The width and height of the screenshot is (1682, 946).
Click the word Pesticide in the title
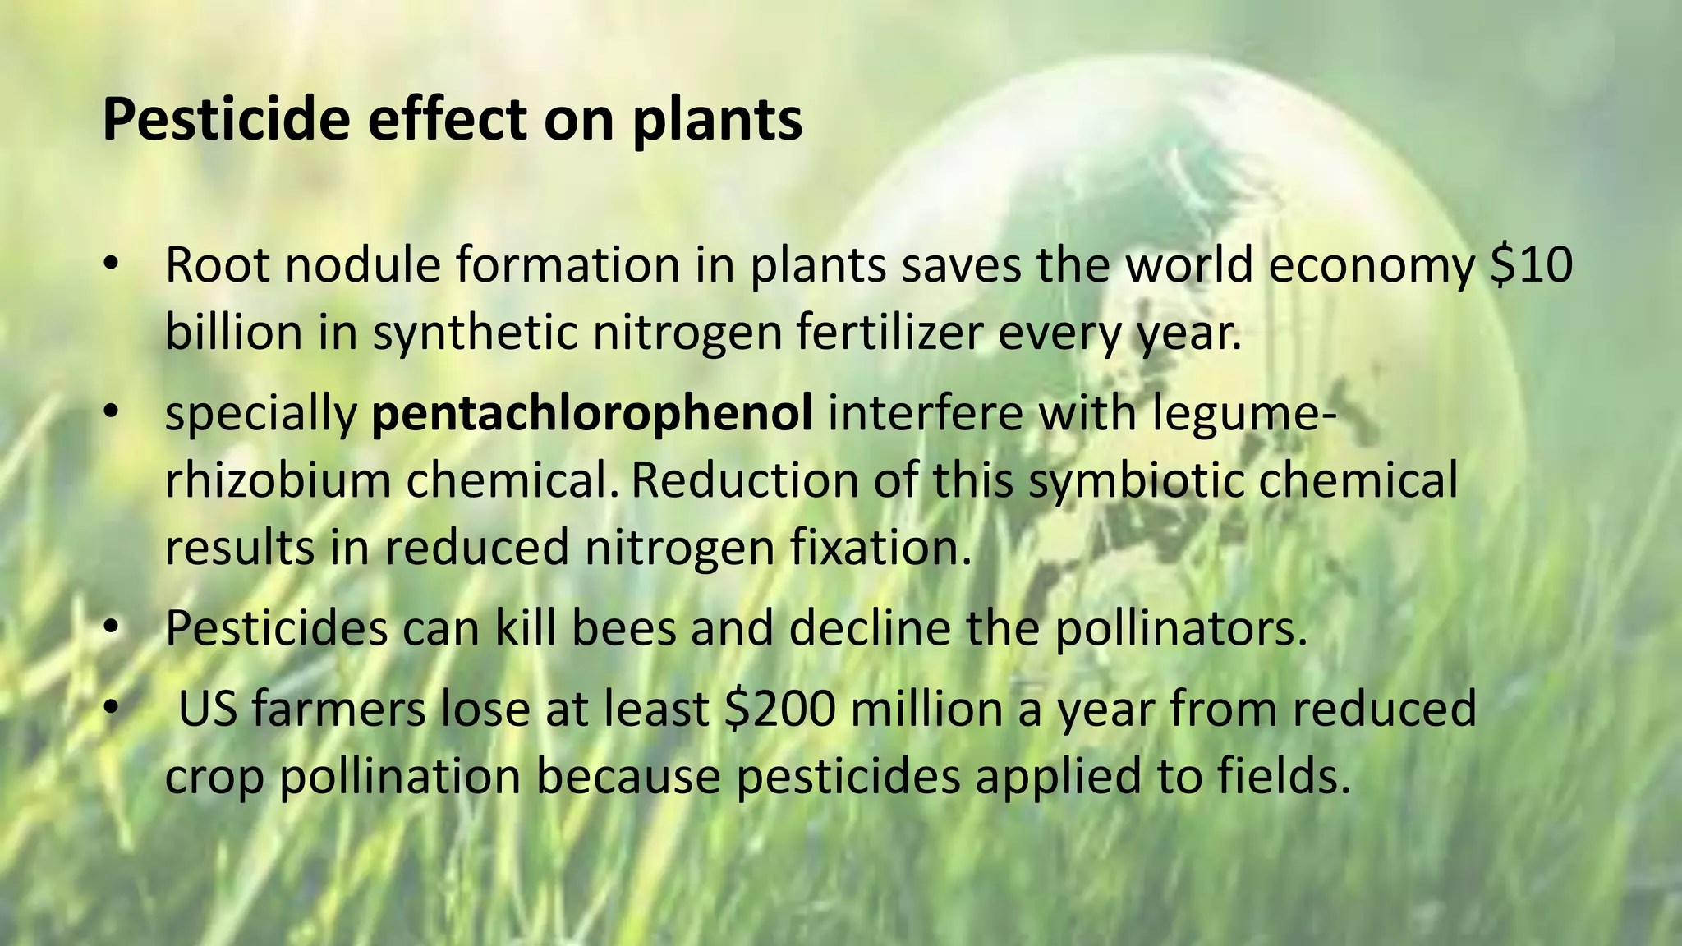tap(226, 120)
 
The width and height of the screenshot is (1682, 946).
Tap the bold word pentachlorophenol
tap(591, 413)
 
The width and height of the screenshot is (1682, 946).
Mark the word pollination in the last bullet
tap(400, 777)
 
